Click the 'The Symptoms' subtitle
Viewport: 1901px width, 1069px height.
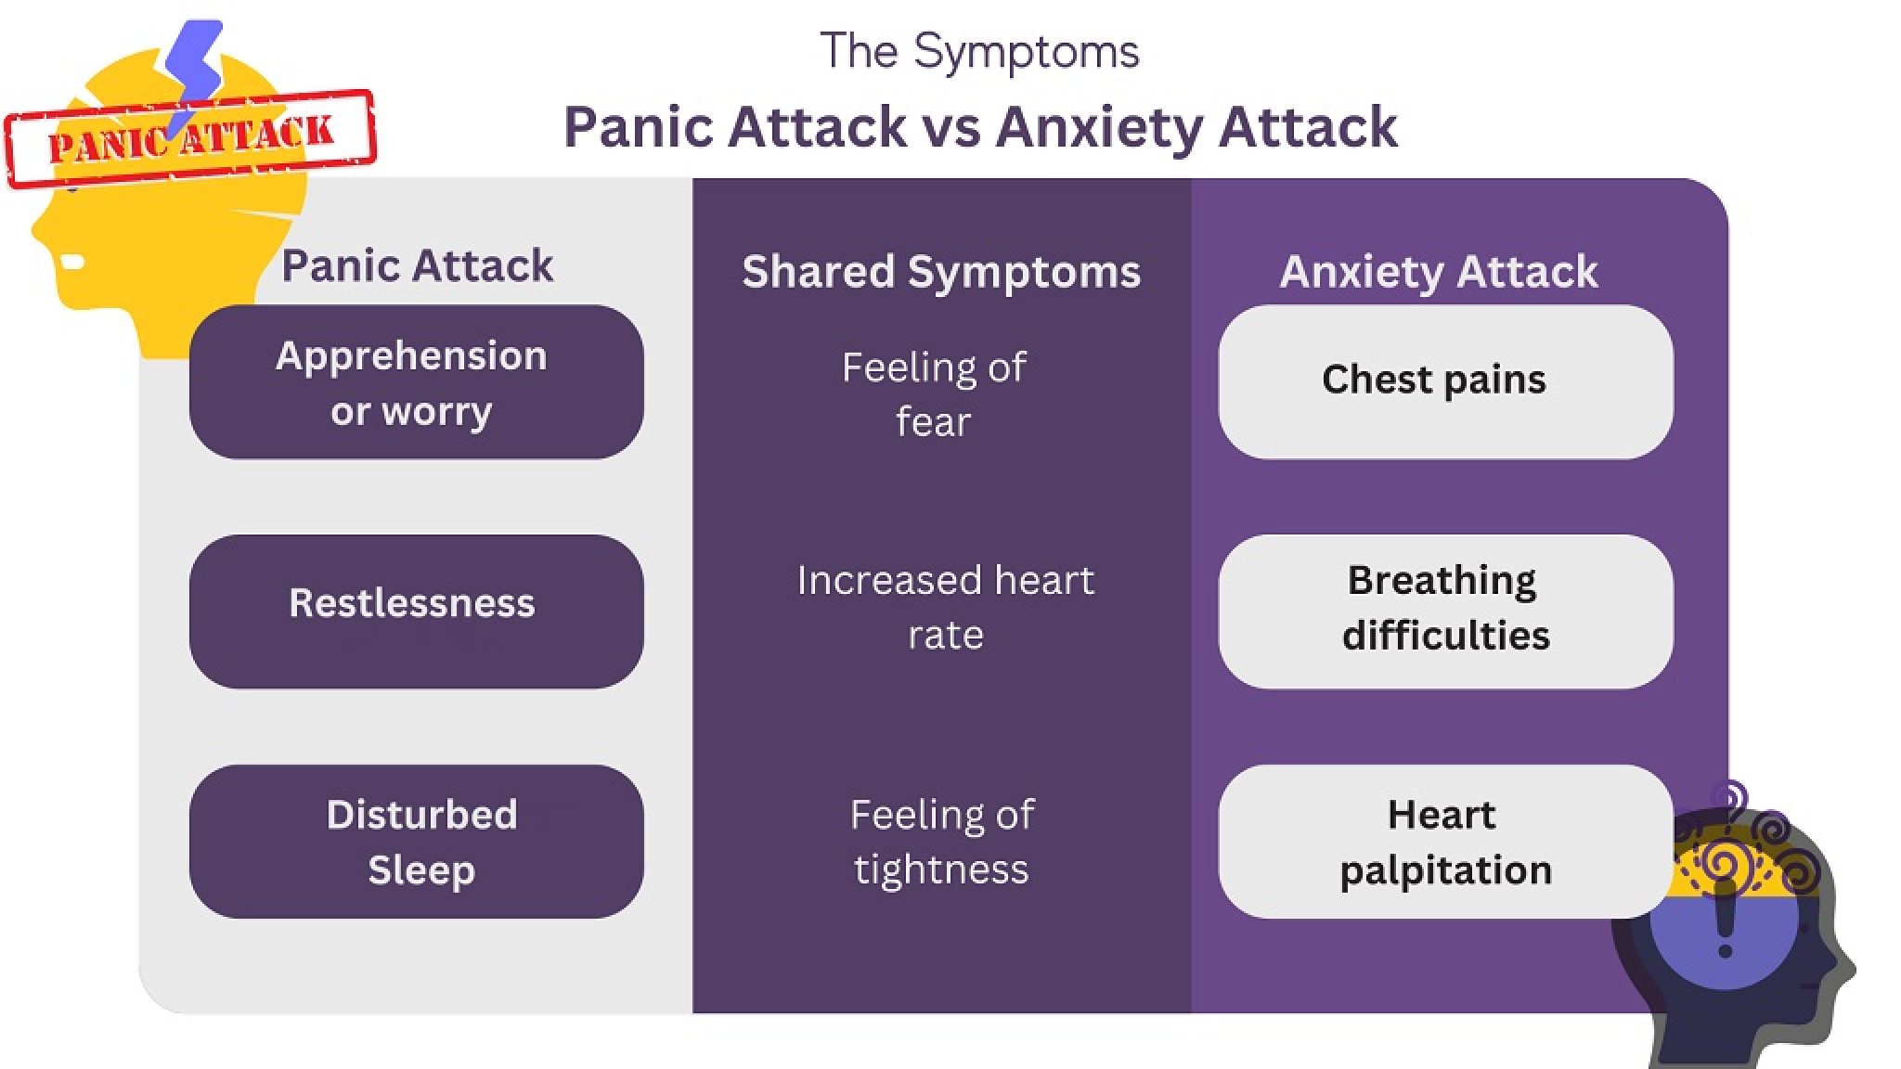[x=979, y=52]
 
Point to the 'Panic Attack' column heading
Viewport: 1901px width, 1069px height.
[x=417, y=266]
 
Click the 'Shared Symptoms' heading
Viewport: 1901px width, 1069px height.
[x=940, y=272]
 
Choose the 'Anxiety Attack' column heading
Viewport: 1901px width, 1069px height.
[x=1438, y=272]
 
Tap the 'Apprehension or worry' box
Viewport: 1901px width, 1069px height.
[x=416, y=382]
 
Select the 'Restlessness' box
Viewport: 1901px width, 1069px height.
[x=416, y=611]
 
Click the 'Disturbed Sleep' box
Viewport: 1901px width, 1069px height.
[x=416, y=841]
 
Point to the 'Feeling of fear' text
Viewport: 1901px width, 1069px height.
[x=934, y=394]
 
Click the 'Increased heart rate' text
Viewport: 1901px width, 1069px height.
[x=945, y=607]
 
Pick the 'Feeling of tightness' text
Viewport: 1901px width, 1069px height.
[x=941, y=842]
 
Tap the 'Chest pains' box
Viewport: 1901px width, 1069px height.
[x=1445, y=381]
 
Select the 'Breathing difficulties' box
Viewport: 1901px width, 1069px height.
[x=1445, y=611]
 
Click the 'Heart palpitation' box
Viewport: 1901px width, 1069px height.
[x=1445, y=841]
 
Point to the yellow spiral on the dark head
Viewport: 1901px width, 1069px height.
[x=1723, y=865]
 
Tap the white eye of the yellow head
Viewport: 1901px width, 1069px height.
[x=72, y=263]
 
